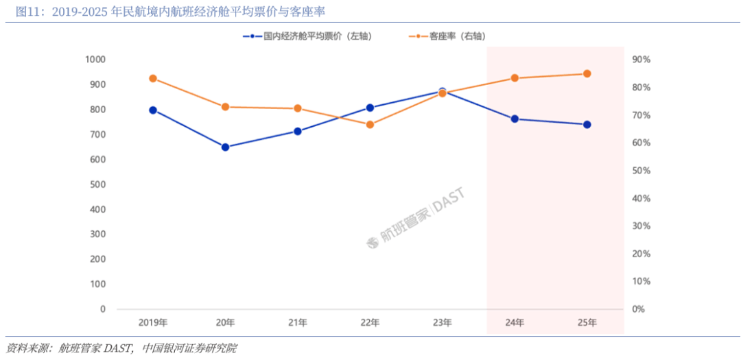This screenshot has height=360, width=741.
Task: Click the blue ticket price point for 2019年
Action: coord(153,110)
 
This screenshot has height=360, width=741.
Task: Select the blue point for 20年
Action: coord(225,147)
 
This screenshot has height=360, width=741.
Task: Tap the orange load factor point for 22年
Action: coord(370,125)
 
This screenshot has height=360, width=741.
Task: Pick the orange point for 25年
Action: coord(587,73)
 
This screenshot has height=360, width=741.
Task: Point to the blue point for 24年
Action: coord(515,119)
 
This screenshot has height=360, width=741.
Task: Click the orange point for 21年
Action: coord(298,108)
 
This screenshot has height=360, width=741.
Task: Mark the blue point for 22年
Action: coord(370,108)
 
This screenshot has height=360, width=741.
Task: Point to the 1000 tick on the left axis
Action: coord(95,60)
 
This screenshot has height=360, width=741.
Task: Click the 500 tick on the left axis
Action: coord(98,184)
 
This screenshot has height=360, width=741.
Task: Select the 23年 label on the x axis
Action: coord(443,323)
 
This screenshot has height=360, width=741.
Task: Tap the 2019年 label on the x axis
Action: coord(153,323)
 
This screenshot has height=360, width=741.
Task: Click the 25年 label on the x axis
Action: coord(587,323)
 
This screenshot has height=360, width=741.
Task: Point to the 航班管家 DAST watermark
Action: coord(415,218)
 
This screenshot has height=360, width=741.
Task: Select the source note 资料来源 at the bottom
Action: coord(121,348)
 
